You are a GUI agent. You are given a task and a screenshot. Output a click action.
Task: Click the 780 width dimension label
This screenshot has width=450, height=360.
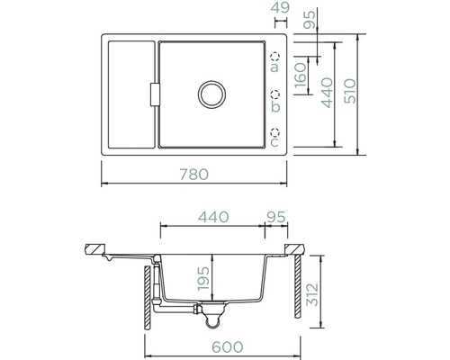click(x=194, y=175)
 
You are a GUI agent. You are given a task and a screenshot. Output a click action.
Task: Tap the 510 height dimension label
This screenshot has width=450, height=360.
click(x=350, y=92)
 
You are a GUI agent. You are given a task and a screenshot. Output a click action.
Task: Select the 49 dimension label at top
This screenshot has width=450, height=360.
click(x=280, y=8)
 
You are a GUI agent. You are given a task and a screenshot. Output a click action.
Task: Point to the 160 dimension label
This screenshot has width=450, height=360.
click(x=301, y=76)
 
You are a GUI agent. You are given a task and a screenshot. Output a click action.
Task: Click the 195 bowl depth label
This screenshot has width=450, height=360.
click(x=203, y=278)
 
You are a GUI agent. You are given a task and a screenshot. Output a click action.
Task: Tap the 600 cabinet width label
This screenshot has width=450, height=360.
click(x=228, y=347)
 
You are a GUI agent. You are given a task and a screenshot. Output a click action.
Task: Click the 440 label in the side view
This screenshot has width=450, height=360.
click(x=213, y=217)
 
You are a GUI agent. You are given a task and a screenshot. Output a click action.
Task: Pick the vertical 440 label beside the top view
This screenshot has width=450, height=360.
click(x=327, y=93)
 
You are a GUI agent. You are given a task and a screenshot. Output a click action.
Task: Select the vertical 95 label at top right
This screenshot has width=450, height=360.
click(x=310, y=20)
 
